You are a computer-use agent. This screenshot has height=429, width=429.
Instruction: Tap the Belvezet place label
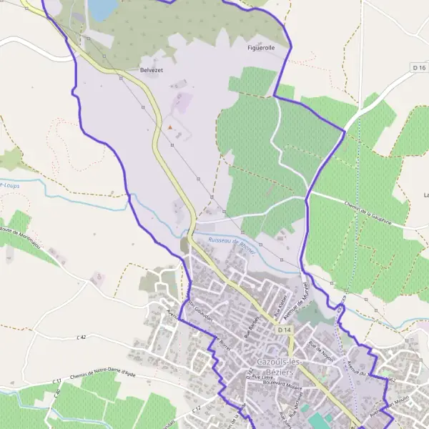(x=152, y=71)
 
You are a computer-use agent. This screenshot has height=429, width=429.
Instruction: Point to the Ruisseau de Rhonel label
(x=232, y=241)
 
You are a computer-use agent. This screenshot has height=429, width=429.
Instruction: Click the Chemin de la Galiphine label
(x=369, y=212)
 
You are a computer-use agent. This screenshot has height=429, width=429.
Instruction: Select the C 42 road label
(x=82, y=337)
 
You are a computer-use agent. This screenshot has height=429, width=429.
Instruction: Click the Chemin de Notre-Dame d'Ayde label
(x=103, y=375)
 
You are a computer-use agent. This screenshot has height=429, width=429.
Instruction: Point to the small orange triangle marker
(x=170, y=128)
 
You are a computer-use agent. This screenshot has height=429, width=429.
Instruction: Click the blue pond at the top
(x=102, y=8)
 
